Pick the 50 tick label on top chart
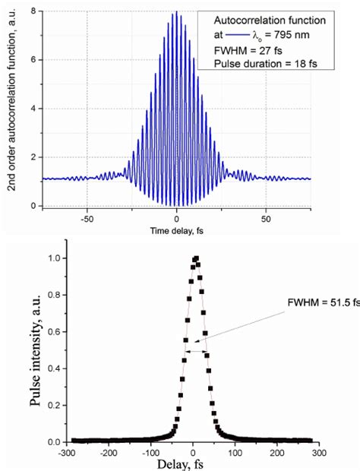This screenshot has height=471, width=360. point(266,219)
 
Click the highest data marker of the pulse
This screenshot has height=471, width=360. point(195,258)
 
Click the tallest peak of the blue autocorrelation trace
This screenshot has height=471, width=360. point(177,12)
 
